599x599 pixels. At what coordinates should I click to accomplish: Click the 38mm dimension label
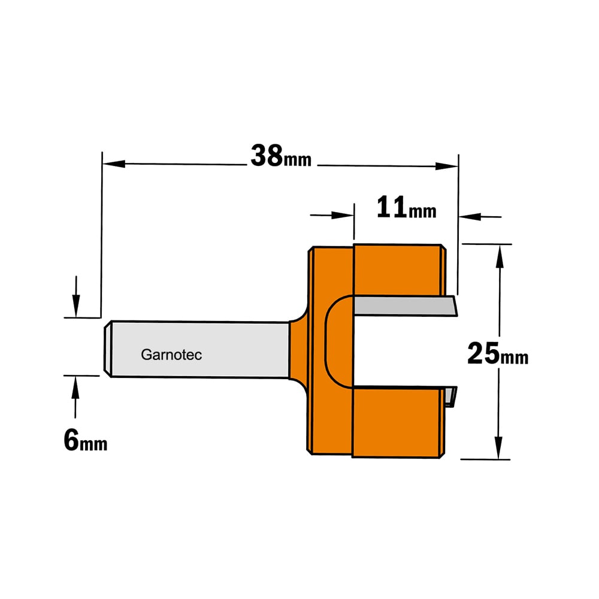click(x=281, y=156)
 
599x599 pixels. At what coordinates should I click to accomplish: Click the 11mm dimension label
click(x=407, y=207)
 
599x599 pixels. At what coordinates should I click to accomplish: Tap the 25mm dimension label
click(x=498, y=354)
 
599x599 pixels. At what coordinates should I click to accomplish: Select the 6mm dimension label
click(x=86, y=440)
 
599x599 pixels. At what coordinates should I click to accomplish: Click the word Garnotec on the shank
click(x=171, y=355)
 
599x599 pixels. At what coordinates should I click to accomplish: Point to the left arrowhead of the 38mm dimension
click(x=114, y=164)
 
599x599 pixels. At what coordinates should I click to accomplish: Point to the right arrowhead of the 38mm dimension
click(x=447, y=166)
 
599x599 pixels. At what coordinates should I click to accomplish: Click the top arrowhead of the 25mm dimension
click(x=500, y=256)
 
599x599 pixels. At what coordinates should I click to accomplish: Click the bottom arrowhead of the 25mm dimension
click(x=498, y=447)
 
